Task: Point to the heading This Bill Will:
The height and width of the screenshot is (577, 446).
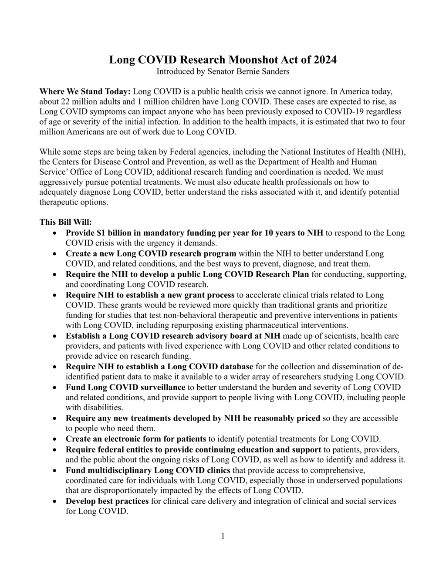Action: tap(66, 222)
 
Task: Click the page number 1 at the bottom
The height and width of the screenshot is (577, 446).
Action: tap(223, 536)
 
